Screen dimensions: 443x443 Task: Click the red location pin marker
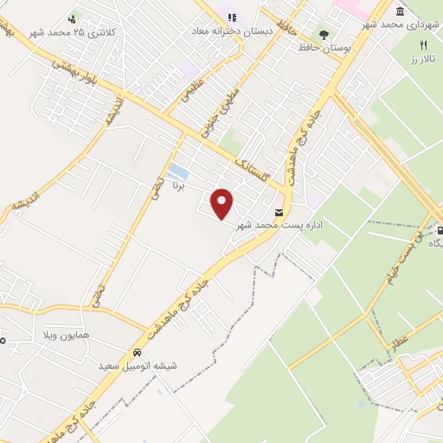223,204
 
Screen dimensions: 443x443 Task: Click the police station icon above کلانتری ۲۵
74,16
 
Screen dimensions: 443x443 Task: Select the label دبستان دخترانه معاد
229,29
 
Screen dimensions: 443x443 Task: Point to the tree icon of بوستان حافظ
324,35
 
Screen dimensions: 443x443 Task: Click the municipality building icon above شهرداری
400,11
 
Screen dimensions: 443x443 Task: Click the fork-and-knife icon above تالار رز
423,47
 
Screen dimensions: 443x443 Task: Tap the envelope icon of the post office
279,212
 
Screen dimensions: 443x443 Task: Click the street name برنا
179,184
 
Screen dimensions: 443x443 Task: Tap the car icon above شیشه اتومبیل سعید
137,353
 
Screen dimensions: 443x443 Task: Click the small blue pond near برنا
177,170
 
